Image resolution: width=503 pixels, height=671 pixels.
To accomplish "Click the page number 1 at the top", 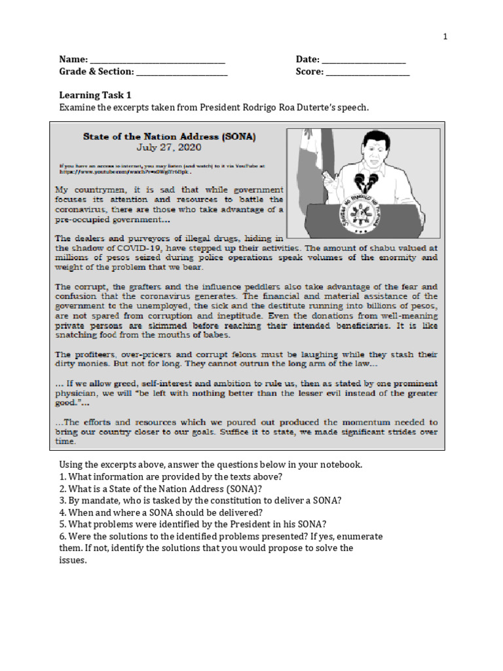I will coord(445,37).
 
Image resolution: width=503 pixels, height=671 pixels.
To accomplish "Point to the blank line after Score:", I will coord(367,73).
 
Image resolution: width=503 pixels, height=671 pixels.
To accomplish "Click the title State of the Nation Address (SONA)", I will coord(170,137).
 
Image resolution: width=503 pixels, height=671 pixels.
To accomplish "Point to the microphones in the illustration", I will coord(365,180).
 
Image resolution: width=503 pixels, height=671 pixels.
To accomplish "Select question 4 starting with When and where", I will coord(161,512).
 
